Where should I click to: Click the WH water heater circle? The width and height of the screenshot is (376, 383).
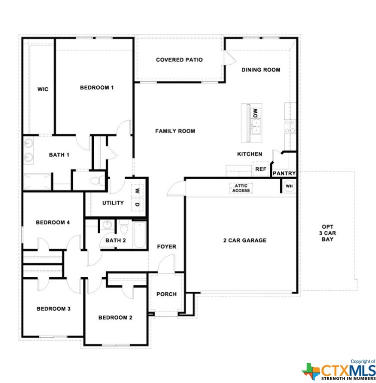[x=289, y=186]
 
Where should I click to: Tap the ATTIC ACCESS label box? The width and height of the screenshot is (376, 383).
[x=241, y=188]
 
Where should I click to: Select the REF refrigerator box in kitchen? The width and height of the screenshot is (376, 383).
[x=261, y=169]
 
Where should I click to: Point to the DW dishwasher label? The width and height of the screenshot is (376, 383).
[x=255, y=113]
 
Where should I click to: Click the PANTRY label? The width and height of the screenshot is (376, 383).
[x=284, y=173]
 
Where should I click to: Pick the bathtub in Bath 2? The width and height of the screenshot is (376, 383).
[x=140, y=235]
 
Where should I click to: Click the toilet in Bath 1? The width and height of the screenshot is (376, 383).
[x=97, y=181]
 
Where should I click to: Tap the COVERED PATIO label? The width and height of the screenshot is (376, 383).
[x=180, y=60]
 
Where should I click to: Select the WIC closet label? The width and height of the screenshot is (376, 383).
[x=43, y=89]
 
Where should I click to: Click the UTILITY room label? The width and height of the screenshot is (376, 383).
[x=113, y=203]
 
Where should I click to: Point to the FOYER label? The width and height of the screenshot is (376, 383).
[x=167, y=247]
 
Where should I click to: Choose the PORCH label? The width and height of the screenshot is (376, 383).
[x=167, y=294]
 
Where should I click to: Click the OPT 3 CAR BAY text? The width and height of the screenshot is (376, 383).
[x=328, y=233]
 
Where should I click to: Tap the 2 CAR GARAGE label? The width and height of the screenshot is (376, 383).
[x=245, y=240]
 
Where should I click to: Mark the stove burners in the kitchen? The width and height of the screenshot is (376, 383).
[x=290, y=127]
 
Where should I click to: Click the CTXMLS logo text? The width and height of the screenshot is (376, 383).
[x=348, y=371]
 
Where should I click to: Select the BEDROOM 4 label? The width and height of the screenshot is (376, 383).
[x=53, y=222]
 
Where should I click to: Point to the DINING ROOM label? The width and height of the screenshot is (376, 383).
[x=261, y=70]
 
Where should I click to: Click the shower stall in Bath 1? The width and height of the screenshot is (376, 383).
[x=37, y=182]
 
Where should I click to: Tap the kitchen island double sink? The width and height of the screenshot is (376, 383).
[x=256, y=127]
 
